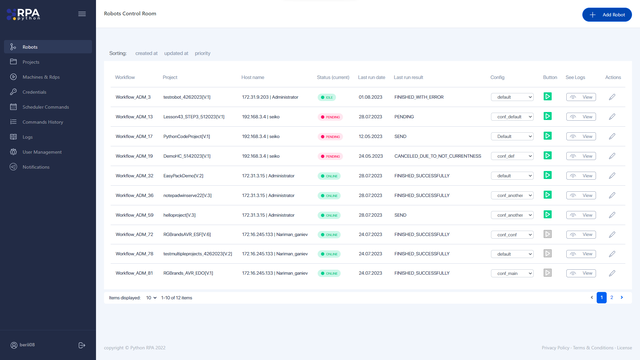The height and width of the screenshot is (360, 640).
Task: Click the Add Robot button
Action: coord(607,15)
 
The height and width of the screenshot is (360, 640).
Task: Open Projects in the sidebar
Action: coord(31,62)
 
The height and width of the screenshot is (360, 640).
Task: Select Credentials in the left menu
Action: coord(34,92)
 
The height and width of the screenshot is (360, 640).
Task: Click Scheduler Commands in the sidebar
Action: coord(45,107)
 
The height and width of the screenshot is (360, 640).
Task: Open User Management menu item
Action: coord(42,152)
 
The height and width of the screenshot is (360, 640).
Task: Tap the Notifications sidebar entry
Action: coord(36,167)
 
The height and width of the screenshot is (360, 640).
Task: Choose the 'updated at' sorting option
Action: coord(176,53)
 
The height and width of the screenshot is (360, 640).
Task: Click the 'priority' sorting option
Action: coord(203,53)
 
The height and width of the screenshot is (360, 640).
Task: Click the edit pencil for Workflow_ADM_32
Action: coord(612,175)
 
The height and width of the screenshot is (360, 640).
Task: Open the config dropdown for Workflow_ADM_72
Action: coord(512,234)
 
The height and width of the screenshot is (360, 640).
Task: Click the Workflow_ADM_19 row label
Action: coord(134,156)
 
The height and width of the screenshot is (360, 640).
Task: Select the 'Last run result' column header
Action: coord(408,77)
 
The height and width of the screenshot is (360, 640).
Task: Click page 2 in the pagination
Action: coord(611,297)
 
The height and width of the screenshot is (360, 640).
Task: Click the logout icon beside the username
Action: coord(82,345)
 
